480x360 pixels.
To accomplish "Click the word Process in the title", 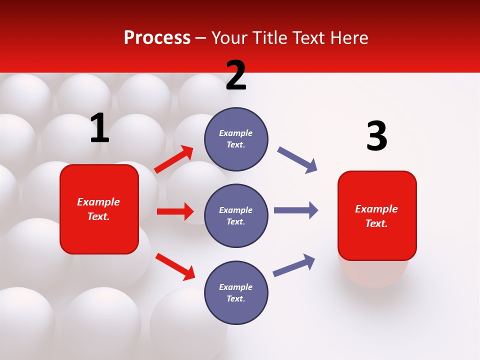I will [x=157, y=38].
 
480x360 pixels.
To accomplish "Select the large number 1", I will [x=99, y=128].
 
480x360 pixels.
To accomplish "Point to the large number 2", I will [x=236, y=75].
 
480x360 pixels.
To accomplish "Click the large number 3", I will [x=376, y=136].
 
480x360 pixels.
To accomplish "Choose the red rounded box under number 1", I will [x=99, y=209].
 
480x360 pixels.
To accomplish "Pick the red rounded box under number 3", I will [x=377, y=215].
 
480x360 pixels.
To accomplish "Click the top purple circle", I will [x=236, y=139].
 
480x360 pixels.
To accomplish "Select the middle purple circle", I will [x=236, y=215].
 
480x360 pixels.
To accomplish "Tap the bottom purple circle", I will [x=236, y=292].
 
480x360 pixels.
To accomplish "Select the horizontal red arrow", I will [x=175, y=211].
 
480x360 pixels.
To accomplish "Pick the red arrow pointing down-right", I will [x=175, y=266].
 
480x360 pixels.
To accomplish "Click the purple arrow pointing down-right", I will [x=297, y=160].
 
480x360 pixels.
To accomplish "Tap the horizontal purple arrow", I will [x=296, y=210].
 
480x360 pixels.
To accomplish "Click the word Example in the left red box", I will [x=98, y=202].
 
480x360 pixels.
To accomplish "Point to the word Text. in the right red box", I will [x=376, y=223].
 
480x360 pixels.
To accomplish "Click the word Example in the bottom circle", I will [x=236, y=287].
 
